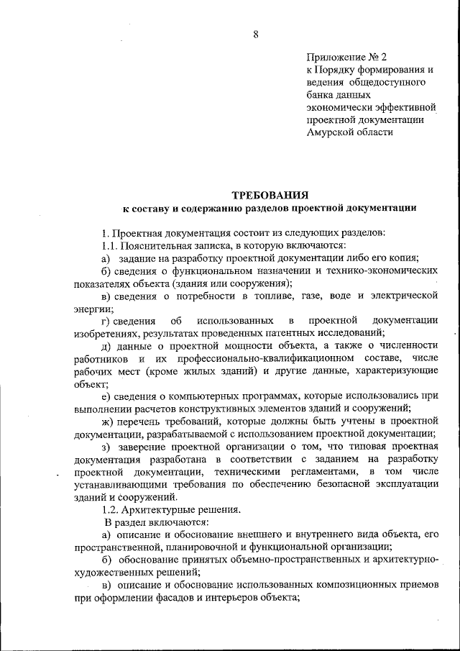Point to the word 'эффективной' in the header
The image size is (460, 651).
[x=409, y=107]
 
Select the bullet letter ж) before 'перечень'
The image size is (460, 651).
[x=107, y=420]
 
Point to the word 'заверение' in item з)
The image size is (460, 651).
[x=144, y=446]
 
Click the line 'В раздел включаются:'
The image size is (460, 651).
[x=156, y=522]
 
